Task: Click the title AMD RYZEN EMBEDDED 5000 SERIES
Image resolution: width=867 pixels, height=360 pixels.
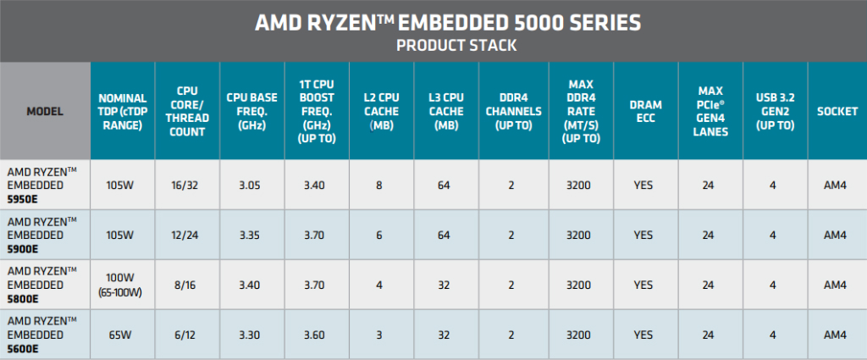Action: (x=433, y=22)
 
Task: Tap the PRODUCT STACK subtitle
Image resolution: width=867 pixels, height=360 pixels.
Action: (x=433, y=45)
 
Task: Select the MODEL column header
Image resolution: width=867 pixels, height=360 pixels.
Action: (x=44, y=111)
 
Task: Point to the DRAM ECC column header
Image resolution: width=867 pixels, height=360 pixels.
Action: (x=646, y=111)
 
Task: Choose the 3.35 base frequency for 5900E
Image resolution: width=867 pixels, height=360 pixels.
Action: (x=251, y=234)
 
